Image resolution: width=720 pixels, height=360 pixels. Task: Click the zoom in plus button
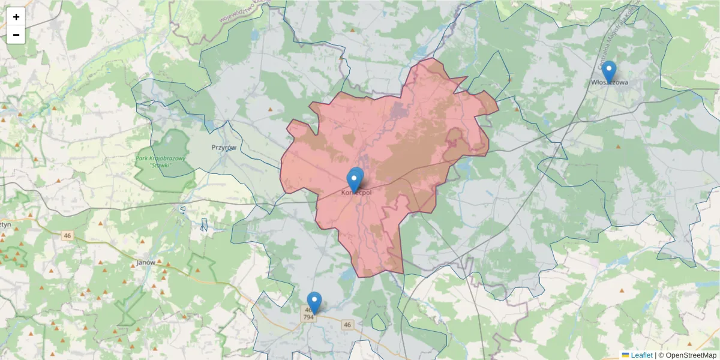[x=16, y=17]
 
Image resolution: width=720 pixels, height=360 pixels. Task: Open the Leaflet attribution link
[x=641, y=355]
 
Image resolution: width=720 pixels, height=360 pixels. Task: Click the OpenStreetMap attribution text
[x=688, y=355]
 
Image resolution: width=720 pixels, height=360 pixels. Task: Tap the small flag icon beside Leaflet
[x=625, y=355]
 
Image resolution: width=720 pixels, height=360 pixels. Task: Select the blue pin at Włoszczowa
[x=609, y=71]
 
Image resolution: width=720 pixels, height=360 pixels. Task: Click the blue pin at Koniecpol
[x=355, y=179]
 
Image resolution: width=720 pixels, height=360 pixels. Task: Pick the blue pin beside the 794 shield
[x=314, y=302]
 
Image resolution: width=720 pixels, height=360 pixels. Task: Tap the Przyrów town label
[x=224, y=147]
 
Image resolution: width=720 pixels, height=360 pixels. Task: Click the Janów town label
[x=146, y=262]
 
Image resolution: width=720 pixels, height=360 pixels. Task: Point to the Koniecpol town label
[x=356, y=193]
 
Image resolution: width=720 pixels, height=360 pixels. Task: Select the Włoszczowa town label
[x=610, y=82]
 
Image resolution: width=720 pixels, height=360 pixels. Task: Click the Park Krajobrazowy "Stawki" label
[x=161, y=161]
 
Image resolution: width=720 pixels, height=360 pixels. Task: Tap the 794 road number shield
[x=309, y=317]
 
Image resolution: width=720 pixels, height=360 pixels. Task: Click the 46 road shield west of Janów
[x=67, y=236]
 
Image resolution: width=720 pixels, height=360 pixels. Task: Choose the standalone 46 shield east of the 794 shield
[x=347, y=325]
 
